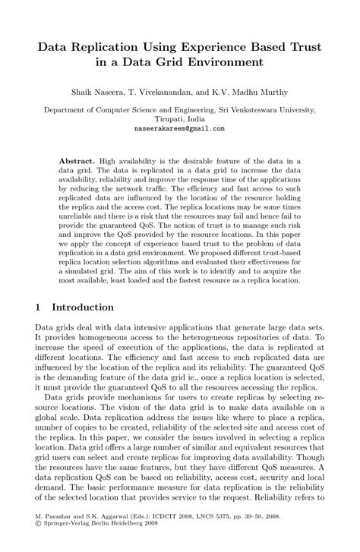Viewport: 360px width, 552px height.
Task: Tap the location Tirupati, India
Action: tap(180, 119)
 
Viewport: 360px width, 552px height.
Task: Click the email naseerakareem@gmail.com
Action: tap(180, 129)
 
